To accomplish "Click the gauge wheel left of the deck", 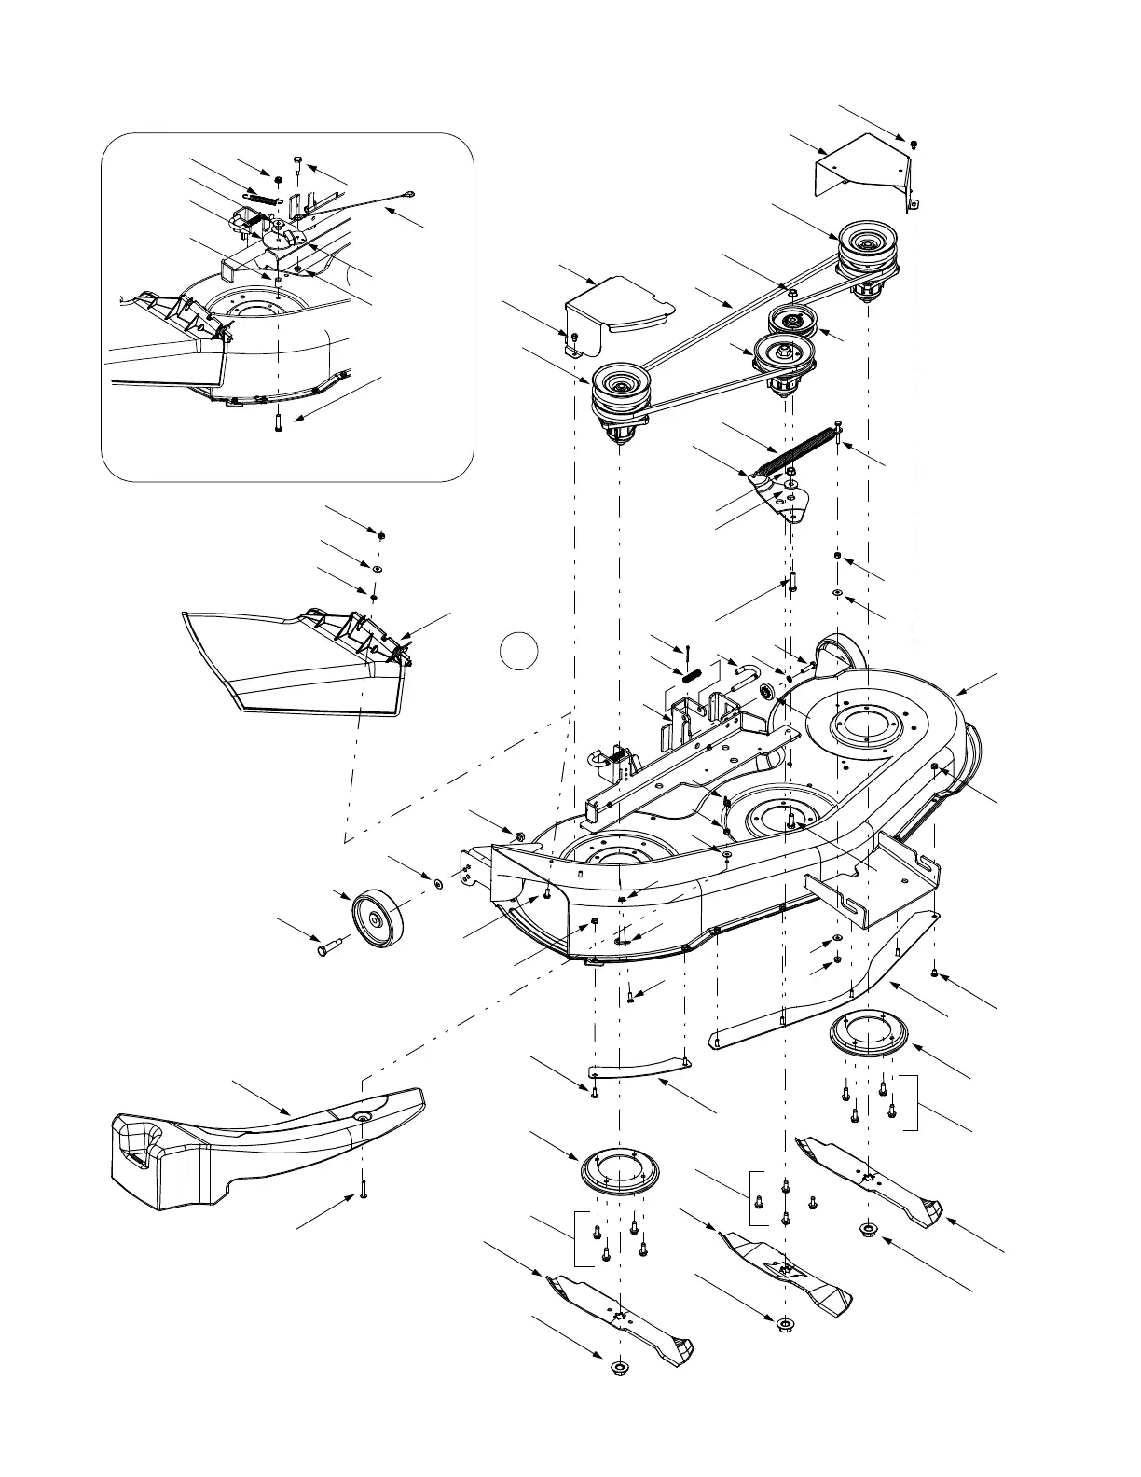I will click(377, 918).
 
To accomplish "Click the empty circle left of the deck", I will click(518, 650).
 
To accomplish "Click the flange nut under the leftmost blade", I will click(617, 1368).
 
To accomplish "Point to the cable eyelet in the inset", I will click(409, 195).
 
